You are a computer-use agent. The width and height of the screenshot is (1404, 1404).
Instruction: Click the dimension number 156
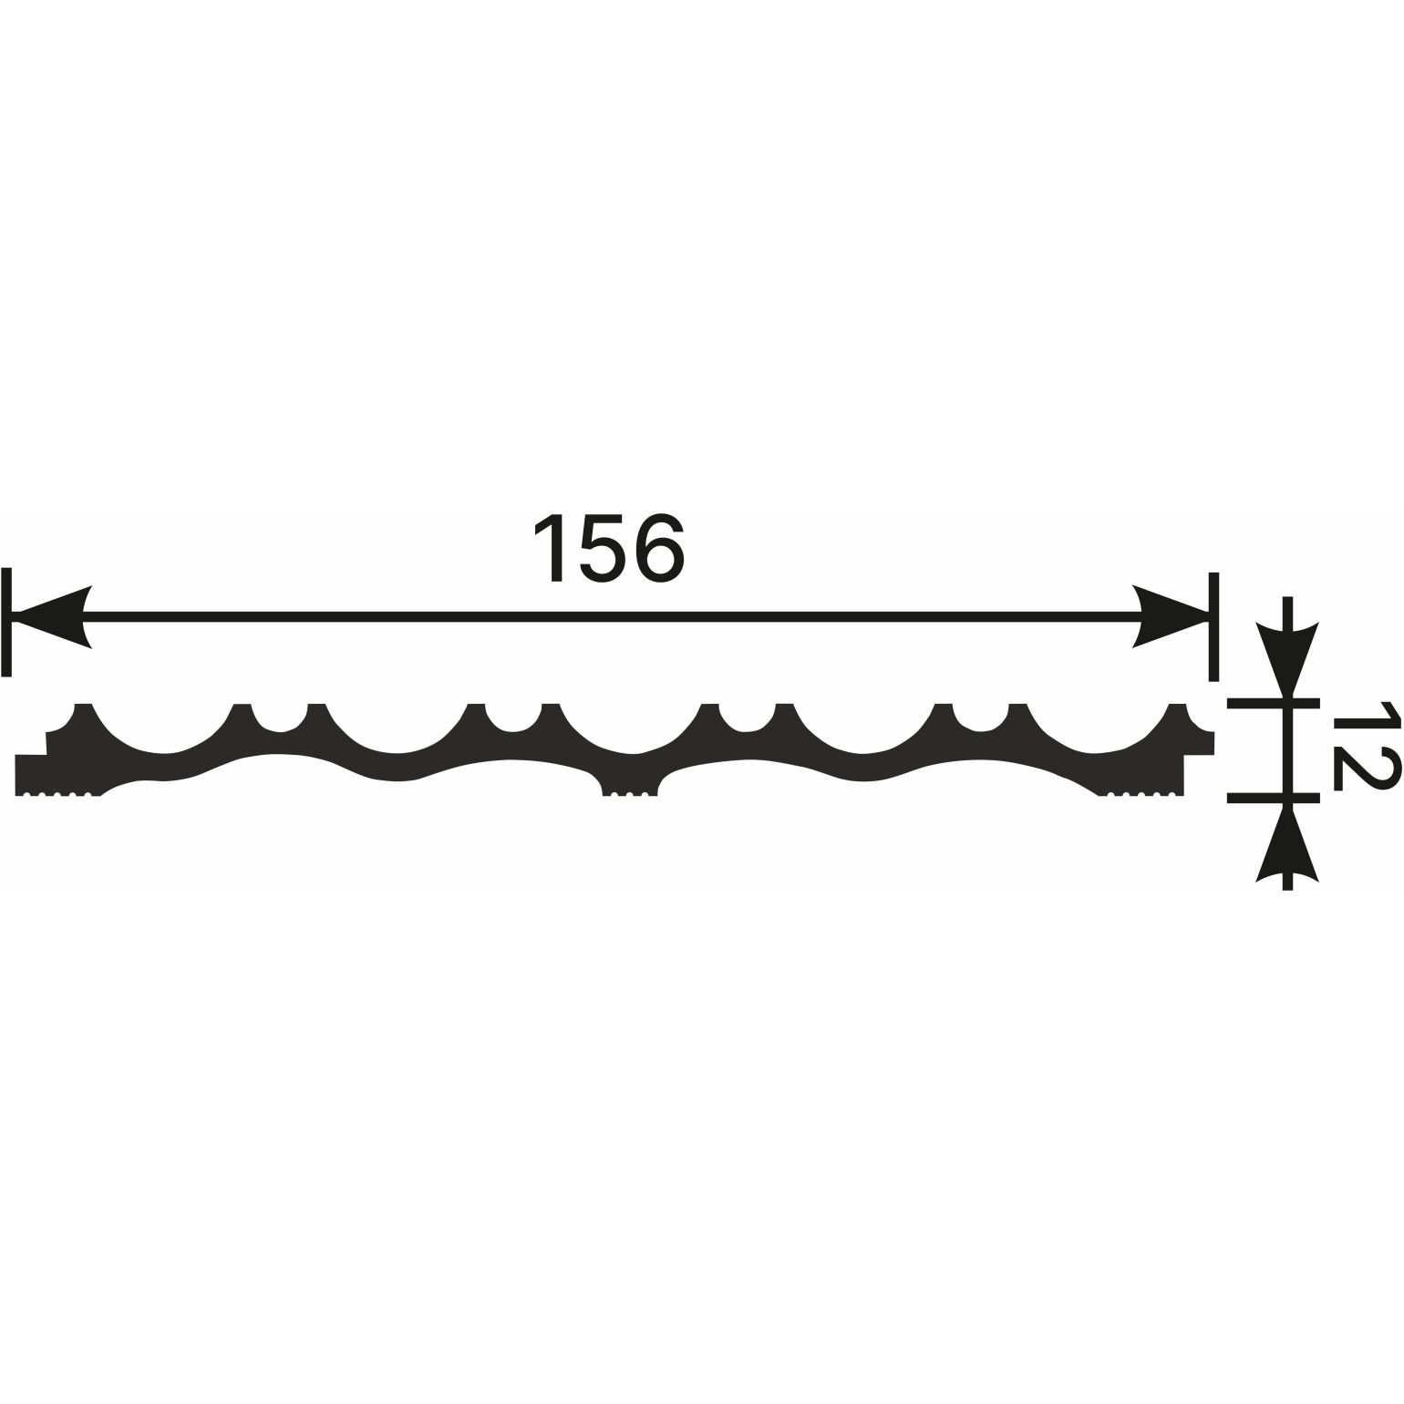607,547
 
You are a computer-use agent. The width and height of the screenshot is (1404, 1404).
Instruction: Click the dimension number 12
1365,745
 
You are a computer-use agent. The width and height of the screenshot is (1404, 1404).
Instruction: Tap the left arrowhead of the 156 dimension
52,616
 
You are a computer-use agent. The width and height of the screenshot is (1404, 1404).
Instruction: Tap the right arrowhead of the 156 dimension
1171,616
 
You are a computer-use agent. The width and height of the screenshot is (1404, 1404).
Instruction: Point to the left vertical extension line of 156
7,622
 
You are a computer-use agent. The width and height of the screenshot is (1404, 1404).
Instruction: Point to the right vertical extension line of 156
1213,626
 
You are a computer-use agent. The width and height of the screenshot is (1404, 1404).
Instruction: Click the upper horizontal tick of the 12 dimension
1273,703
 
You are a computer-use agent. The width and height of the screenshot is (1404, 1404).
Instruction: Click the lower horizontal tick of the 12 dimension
1273,798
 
